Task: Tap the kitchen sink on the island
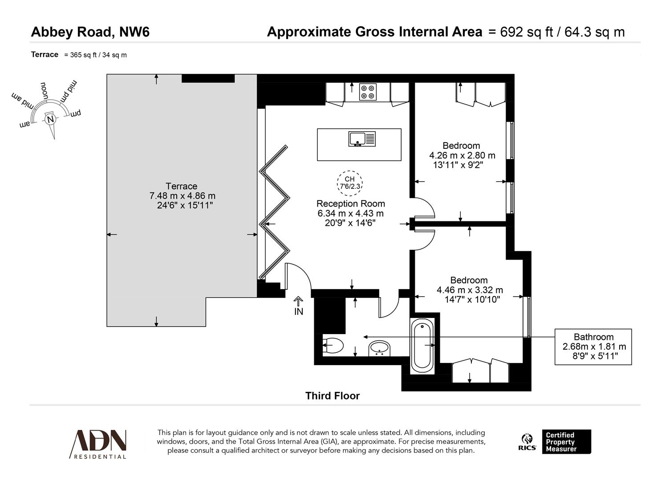362,139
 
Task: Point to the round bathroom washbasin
379,348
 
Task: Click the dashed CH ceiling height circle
350,183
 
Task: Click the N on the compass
50,119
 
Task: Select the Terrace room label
181,186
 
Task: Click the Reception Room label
351,204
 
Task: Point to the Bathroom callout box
593,346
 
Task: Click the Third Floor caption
332,396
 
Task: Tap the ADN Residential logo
98,444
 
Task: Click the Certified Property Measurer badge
566,442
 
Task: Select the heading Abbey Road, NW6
90,32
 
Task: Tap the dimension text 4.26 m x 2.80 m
462,155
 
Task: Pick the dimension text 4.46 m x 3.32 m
470,290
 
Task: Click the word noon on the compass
45,91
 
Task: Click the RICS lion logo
527,442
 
